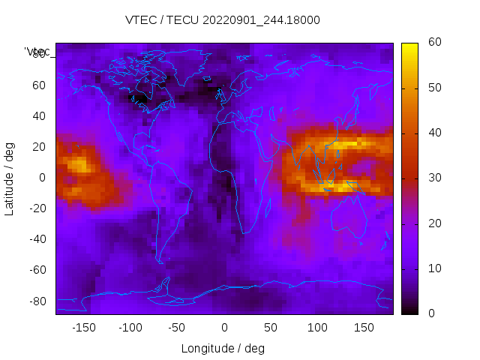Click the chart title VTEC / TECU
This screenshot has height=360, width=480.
pyautogui.click(x=172, y=20)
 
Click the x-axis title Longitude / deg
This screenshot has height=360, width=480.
pyautogui.click(x=223, y=349)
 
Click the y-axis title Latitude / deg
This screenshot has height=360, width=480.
pyautogui.click(x=10, y=178)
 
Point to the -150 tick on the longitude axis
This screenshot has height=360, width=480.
pyautogui.click(x=84, y=328)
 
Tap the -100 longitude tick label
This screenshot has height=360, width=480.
pyautogui.click(x=130, y=328)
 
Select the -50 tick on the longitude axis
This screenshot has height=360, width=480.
pyautogui.click(x=177, y=328)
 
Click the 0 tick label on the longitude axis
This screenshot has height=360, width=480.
pyautogui.click(x=224, y=328)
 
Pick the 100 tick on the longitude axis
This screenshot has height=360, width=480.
pyautogui.click(x=317, y=328)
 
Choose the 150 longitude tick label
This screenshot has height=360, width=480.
pyautogui.click(x=364, y=328)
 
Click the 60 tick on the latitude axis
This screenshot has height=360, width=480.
pyautogui.click(x=39, y=85)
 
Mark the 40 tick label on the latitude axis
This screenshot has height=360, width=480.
pyautogui.click(x=39, y=115)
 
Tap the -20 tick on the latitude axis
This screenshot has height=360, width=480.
pyautogui.click(x=36, y=208)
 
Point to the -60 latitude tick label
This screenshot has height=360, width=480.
pyautogui.click(x=36, y=270)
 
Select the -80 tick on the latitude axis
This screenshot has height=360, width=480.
pyautogui.click(x=36, y=301)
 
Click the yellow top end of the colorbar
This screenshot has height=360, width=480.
pyautogui.click(x=409, y=46)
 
